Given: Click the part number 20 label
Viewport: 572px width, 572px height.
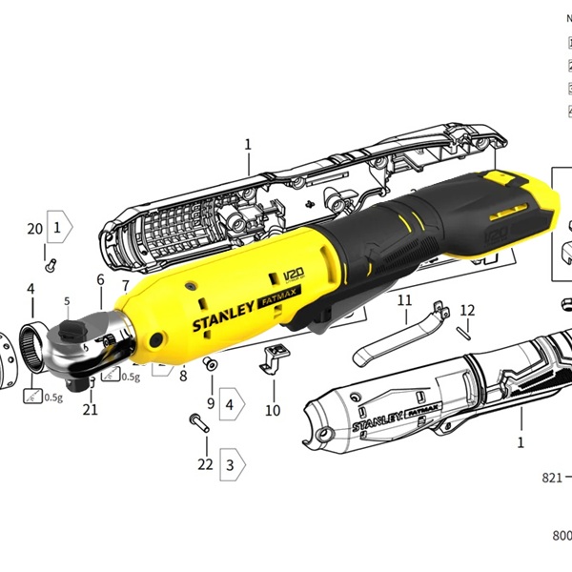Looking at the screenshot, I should click(34, 229).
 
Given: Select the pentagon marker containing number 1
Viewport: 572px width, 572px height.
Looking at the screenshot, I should click(60, 229).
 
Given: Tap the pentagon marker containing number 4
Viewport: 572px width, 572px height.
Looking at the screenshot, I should click(232, 403).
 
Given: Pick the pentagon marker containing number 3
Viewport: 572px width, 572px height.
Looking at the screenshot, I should click(232, 464).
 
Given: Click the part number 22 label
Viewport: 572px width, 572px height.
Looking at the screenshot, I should click(205, 464).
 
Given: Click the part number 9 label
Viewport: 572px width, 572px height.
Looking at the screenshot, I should click(211, 403).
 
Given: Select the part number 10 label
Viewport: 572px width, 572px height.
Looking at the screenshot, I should click(273, 411).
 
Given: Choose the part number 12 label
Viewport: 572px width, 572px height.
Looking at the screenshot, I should click(467, 311).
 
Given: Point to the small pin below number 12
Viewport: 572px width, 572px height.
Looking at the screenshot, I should click(464, 333).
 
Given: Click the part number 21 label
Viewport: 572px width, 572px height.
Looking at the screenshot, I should click(91, 410).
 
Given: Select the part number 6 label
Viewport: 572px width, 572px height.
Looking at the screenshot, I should click(100, 280).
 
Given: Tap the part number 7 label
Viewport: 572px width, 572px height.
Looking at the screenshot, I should click(126, 286).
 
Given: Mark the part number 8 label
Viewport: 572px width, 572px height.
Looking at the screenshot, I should click(183, 376).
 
